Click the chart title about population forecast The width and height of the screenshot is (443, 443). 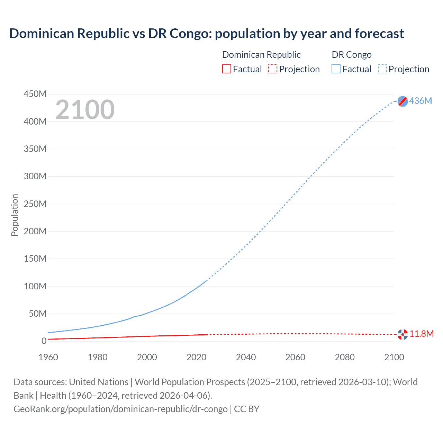click(206, 34)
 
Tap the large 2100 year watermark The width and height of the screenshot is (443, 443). click(85, 110)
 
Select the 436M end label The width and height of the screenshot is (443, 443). click(421, 101)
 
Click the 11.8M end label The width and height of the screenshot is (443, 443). click(422, 334)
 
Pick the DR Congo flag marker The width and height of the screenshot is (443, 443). click(403, 101)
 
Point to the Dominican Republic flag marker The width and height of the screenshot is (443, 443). click(403, 334)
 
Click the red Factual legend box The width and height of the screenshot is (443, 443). click(227, 69)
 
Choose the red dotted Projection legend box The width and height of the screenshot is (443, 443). click(273, 69)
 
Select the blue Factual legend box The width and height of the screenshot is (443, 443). click(336, 69)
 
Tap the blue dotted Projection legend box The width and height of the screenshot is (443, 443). click(382, 69)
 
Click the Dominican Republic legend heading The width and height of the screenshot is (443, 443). click(261, 55)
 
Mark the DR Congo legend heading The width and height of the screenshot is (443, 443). click(352, 55)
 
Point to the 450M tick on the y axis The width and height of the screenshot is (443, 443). click(35, 94)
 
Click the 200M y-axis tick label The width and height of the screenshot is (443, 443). click(35, 231)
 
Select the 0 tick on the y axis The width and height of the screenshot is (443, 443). click(44, 341)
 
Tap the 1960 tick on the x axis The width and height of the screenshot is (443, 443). click(48, 357)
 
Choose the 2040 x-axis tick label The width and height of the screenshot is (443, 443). click(246, 357)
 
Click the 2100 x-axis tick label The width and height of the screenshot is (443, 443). click(394, 357)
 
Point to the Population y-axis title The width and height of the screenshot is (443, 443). click(15, 215)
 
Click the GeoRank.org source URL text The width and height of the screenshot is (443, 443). click(120, 409)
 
